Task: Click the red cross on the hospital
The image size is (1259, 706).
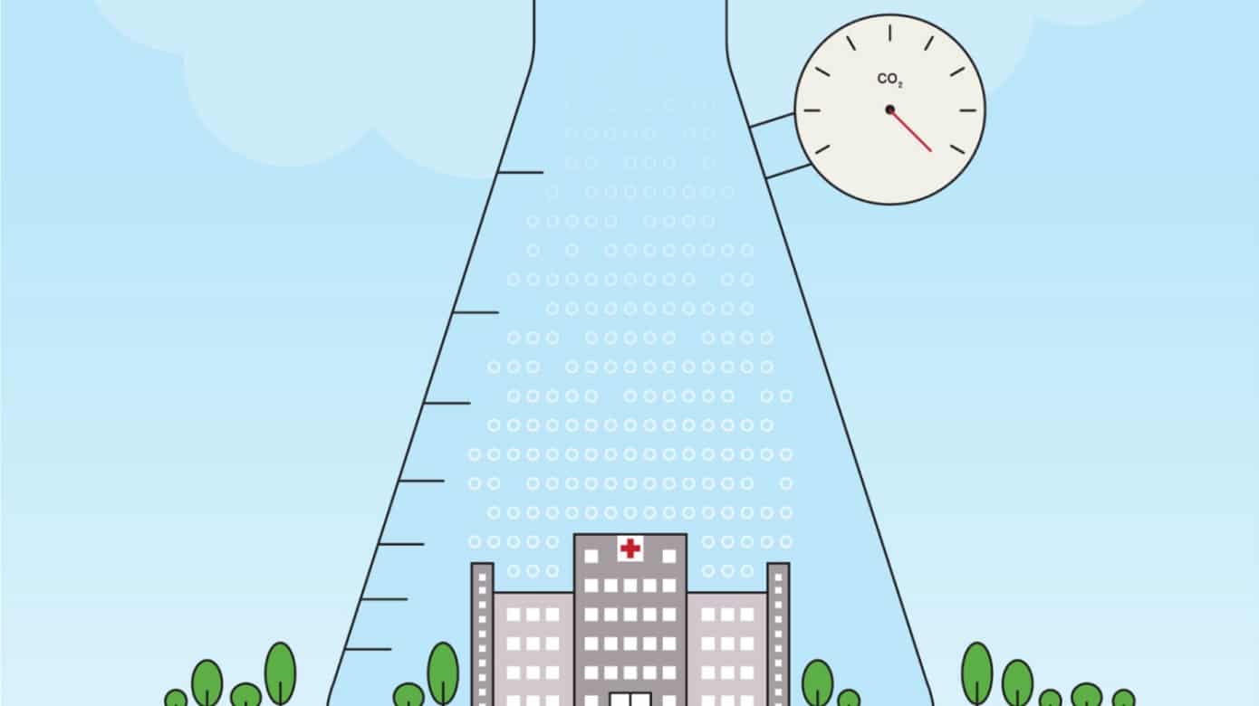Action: coord(630,548)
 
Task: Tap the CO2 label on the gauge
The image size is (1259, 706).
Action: coord(889,81)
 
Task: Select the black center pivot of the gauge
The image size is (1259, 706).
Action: coord(890,110)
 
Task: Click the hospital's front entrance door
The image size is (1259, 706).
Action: coord(629,699)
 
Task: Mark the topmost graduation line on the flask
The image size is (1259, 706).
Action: coord(521,172)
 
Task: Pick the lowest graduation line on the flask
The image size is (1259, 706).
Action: coord(368,649)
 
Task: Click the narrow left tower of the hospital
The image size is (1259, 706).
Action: coord(482,634)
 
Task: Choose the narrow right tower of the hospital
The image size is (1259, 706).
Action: coord(778,634)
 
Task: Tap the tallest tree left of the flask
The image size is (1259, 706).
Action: coord(280,673)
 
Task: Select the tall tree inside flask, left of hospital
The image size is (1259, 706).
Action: coord(443,673)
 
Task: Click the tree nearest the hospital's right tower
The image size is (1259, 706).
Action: coord(818,682)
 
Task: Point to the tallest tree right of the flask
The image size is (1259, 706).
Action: coord(976,673)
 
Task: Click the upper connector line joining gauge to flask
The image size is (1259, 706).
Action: coord(772,119)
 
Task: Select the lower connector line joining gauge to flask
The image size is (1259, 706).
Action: coord(788,171)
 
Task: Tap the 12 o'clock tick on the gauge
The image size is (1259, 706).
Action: coord(890,33)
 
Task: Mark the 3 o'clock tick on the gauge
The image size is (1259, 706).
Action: coord(968,110)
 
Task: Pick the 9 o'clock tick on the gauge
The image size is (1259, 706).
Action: coord(812,110)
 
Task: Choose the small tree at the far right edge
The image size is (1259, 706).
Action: coord(1123,698)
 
